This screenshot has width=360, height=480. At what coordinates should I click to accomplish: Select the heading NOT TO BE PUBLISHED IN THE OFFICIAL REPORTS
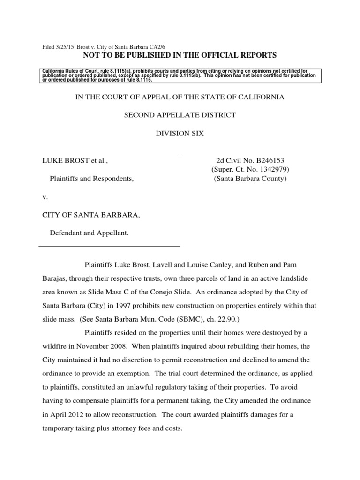pyautogui.click(x=180, y=56)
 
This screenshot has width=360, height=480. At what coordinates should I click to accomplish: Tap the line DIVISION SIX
pyautogui.click(x=180, y=134)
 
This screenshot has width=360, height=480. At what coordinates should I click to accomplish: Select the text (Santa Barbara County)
pyautogui.click(x=250, y=179)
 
